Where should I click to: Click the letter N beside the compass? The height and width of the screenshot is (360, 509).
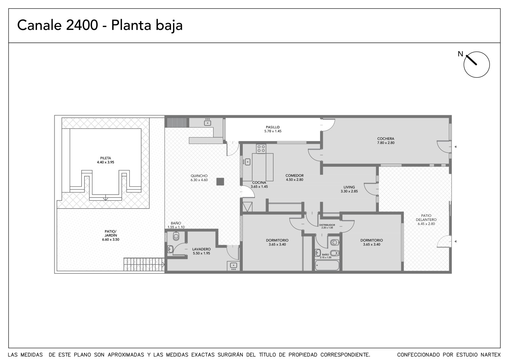pos(460,54)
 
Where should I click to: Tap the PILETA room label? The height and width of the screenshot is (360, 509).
pos(105,158)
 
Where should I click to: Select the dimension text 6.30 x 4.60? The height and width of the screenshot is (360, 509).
pos(199,180)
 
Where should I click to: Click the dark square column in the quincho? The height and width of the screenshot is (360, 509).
pos(220,182)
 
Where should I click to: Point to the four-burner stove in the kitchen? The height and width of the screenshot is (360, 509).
pos(261,149)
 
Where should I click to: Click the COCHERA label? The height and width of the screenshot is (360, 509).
pos(386,138)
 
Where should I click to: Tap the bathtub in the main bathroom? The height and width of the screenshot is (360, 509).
pos(327,265)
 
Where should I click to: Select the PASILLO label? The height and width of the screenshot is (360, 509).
pos(273,127)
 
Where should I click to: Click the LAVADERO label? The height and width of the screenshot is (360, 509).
pos(201,249)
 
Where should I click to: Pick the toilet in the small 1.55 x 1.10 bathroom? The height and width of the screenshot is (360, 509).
pos(176,236)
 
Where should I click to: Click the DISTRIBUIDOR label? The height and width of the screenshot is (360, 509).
pos(327,225)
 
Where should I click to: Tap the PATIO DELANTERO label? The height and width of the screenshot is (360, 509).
pos(426,217)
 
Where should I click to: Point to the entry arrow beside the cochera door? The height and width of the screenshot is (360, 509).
pos(455,147)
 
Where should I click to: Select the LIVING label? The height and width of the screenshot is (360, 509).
pos(349,187)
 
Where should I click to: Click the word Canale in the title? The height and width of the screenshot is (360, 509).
pos(39,25)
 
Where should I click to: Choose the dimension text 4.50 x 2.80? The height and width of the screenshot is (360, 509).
pos(295,180)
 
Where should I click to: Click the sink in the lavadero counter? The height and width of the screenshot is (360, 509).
pos(233,265)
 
